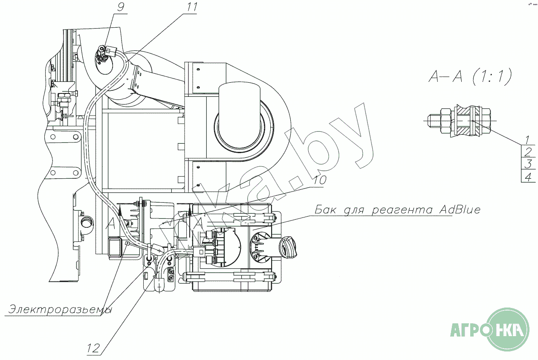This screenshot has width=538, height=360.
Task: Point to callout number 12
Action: [x=93, y=348]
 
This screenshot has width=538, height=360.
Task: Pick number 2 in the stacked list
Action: [x=528, y=151]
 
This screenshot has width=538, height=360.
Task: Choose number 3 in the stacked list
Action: [x=528, y=164]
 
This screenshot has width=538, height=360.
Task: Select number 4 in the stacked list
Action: [x=528, y=176]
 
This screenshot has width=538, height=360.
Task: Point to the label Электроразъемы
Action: [x=60, y=309]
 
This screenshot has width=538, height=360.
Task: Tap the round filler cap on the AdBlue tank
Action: [x=288, y=247]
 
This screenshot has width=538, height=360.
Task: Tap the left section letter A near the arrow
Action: [x=111, y=223]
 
